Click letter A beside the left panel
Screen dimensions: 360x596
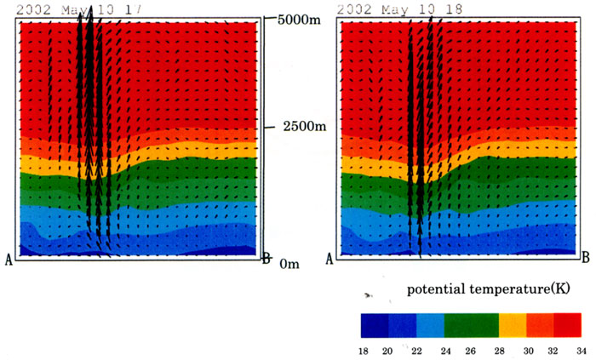click(9, 260)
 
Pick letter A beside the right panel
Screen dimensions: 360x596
click(330, 258)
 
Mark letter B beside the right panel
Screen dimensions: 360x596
click(585, 257)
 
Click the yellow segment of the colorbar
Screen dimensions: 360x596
click(513, 326)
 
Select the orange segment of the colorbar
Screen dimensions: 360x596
click(541, 326)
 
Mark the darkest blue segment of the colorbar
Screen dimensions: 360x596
click(375, 326)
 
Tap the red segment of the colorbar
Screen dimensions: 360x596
click(568, 326)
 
